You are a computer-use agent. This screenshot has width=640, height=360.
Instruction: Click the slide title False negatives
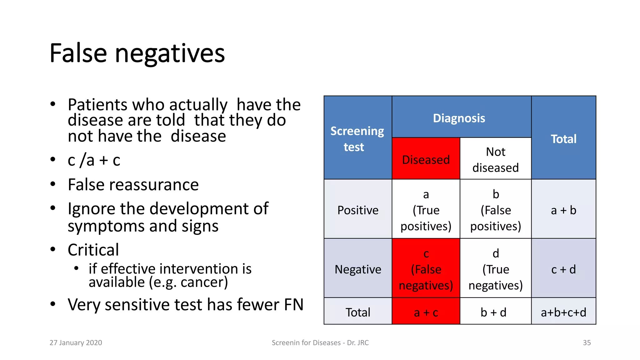[x=137, y=53]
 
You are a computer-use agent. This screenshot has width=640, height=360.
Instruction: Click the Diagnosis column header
[x=459, y=118]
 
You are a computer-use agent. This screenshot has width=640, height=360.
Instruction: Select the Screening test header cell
[x=357, y=139]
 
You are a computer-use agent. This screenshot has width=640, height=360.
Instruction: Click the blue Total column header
[x=563, y=139]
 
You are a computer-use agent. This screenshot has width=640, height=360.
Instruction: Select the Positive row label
[x=357, y=210]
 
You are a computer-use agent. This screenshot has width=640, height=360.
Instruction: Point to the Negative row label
[x=357, y=269]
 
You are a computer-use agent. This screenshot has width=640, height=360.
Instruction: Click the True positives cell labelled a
[x=426, y=210]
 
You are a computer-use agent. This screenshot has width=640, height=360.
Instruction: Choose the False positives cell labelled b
[x=495, y=210]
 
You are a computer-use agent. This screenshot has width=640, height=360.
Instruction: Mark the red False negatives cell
[x=426, y=269]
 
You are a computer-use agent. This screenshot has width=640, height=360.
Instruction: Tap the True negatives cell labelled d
[x=495, y=269]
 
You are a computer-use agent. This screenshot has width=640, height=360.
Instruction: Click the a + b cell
[x=563, y=210]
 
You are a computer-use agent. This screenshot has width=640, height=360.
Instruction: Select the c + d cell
[x=563, y=269]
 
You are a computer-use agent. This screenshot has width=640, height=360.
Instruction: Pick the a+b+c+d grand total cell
[x=563, y=312]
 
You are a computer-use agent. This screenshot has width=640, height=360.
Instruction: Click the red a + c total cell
[x=426, y=312]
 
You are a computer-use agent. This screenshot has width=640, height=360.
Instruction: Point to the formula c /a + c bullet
[x=94, y=160]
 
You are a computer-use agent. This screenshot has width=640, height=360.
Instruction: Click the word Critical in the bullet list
[x=93, y=250]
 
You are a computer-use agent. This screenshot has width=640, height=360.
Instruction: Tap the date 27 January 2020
[x=76, y=342]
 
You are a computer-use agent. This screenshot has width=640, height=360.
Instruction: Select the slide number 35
[x=587, y=342]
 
